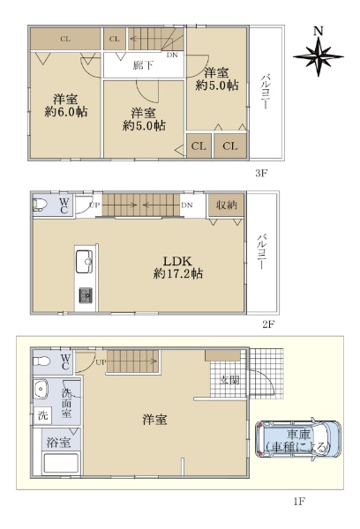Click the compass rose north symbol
click(319, 56)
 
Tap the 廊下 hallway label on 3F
click(143, 65)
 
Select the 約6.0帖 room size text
click(66, 111)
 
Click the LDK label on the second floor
click(177, 261)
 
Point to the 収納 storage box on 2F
click(226, 205)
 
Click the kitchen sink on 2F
click(84, 262)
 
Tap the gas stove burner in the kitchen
click(86, 295)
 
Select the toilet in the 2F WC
click(40, 205)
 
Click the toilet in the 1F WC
click(41, 361)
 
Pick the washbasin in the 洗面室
click(41, 389)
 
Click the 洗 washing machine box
click(43, 415)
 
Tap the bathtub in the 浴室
click(61, 464)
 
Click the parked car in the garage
click(297, 439)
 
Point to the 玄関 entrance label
click(229, 381)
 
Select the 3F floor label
click(261, 174)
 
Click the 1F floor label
click(299, 502)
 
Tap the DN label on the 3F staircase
click(172, 55)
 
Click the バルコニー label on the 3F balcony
click(265, 91)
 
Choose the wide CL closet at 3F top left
click(65, 39)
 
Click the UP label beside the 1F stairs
click(101, 362)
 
